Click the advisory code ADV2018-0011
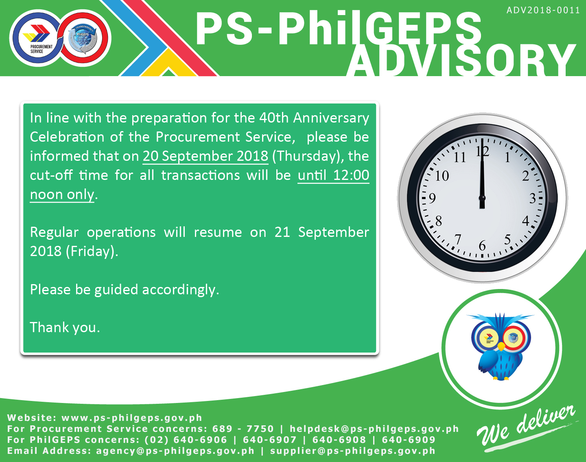tap(543, 10)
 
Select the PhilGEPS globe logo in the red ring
tap(83, 38)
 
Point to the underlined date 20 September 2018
tap(206, 156)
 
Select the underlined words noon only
tap(62, 195)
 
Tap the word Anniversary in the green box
tap(331, 118)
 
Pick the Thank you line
tap(65, 327)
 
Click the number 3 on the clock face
tap(533, 198)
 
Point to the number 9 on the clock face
tap(433, 198)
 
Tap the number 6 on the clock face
tap(482, 246)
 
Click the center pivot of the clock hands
tap(482, 198)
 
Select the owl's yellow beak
tap(501, 346)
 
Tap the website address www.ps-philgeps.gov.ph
tap(132, 418)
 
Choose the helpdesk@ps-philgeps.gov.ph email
tap(374, 429)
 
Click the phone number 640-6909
tap(409, 440)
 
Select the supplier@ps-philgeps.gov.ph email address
tap(353, 451)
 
